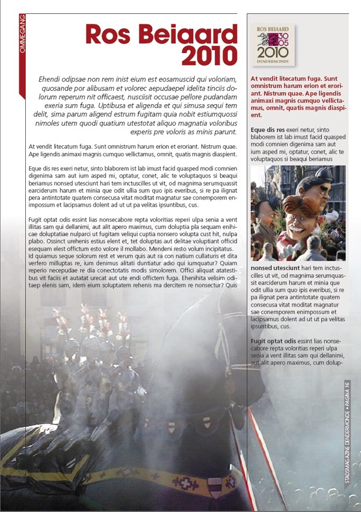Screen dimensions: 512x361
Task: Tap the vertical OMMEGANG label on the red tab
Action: (x=22, y=34)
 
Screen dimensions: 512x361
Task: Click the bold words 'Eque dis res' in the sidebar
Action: (x=267, y=130)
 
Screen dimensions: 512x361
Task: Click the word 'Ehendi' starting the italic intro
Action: (x=50, y=79)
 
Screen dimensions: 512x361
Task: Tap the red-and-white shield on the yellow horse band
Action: (x=215, y=485)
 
